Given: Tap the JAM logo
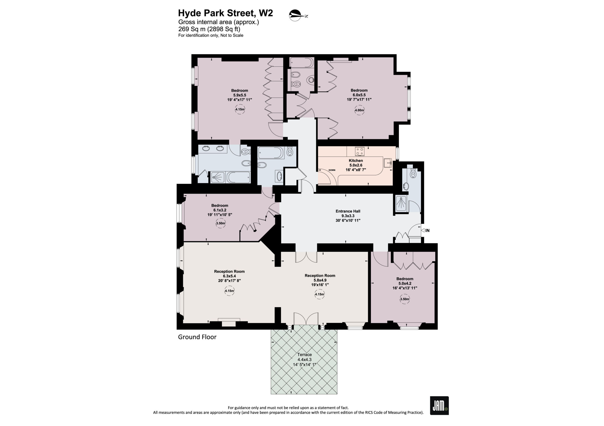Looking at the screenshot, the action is pos(439,406).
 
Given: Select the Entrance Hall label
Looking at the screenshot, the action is pos(348,211).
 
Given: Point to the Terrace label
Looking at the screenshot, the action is pos(304,355).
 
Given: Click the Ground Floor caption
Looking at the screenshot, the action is pos(197,337).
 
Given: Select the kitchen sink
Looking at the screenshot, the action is pos(387,163).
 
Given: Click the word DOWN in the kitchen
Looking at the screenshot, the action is pos(332,170).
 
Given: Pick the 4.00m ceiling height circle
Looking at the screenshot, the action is pos(359,110).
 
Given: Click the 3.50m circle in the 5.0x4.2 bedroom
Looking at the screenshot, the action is pos(405,299).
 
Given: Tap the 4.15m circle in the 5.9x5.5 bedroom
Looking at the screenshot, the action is pos(240,109).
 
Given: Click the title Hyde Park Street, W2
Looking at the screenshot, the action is pos(226,13).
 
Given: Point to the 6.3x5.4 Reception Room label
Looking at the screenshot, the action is pos(229,276).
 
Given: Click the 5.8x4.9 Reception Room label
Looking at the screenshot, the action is pos(320,280).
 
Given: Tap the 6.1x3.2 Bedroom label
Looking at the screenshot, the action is pos(220,210).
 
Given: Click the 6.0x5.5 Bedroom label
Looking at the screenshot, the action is pos(359,95).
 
